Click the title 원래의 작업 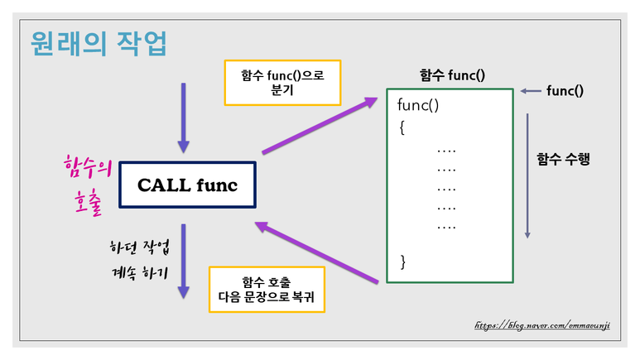(97, 43)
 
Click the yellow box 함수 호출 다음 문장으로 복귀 (267, 290)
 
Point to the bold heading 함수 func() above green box (452, 75)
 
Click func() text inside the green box (418, 106)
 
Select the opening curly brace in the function (402, 128)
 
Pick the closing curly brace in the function (403, 262)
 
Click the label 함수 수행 (563, 160)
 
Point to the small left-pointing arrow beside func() (531, 91)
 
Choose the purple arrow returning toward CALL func (318, 252)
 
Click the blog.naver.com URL (542, 325)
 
